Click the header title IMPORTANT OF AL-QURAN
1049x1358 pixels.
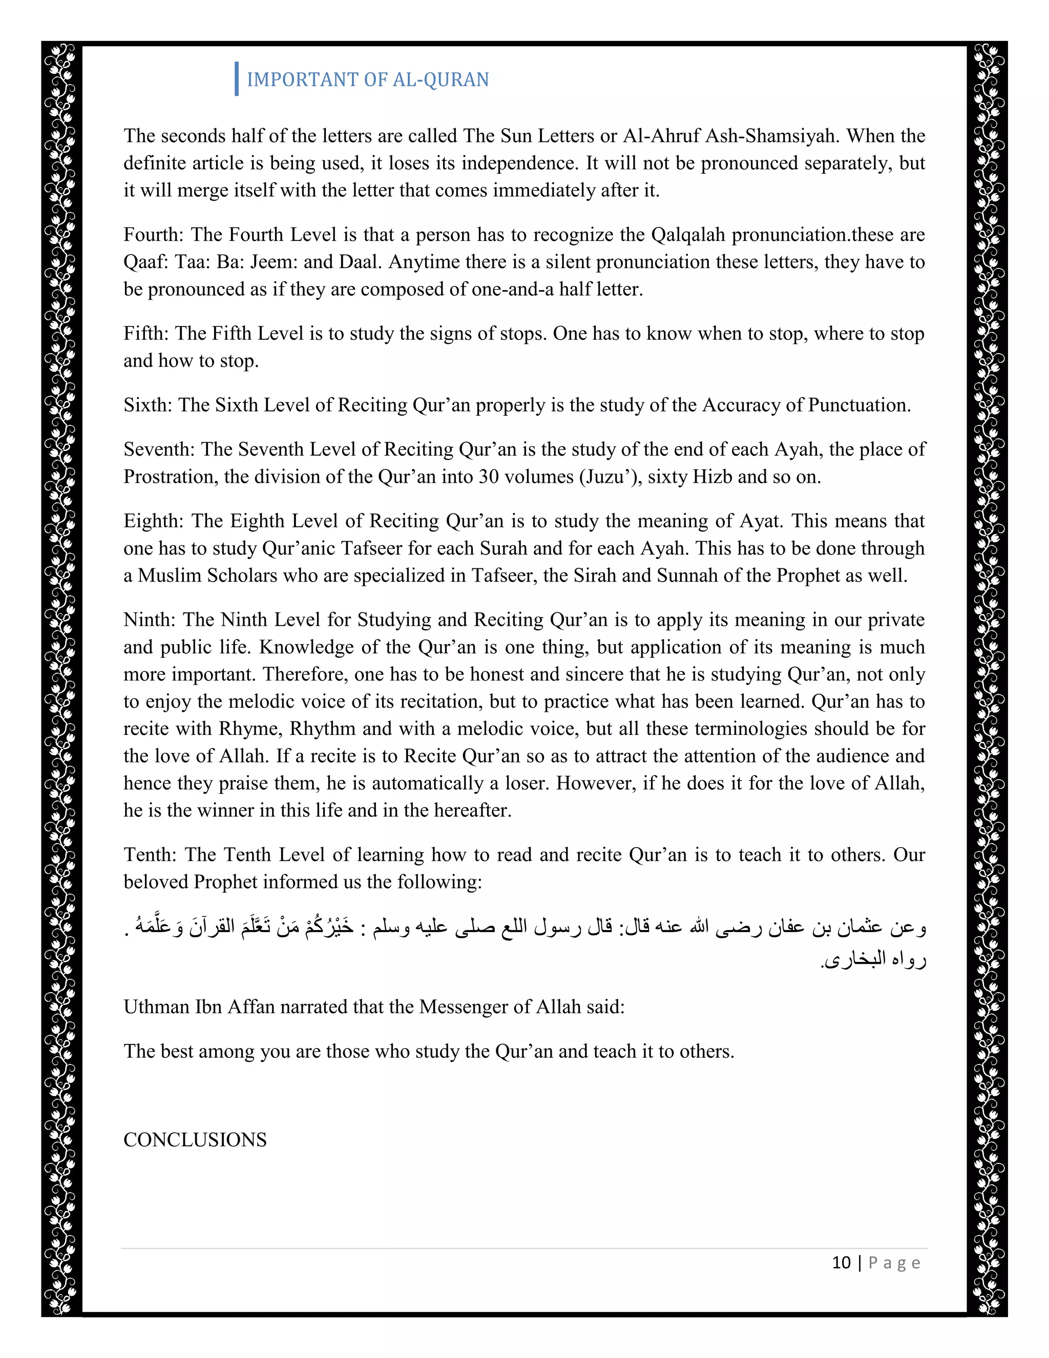[x=367, y=79]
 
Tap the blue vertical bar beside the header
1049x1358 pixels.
[x=237, y=79]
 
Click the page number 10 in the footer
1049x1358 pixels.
[x=841, y=1262]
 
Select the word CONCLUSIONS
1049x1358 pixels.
[x=195, y=1139]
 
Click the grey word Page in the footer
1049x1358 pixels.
[x=894, y=1262]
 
